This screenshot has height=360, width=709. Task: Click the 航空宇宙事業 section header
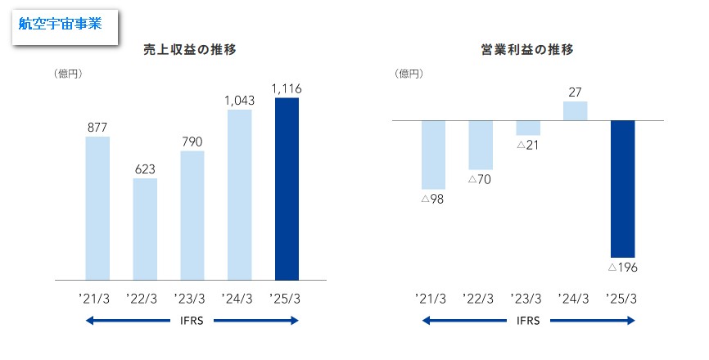tap(61, 24)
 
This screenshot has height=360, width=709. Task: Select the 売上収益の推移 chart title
tap(191, 50)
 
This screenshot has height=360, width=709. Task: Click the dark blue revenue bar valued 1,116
tap(287, 189)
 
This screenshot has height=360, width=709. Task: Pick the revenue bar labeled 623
tap(145, 230)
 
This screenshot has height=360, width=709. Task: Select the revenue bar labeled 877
tap(97, 209)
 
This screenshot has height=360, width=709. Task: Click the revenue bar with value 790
tap(192, 216)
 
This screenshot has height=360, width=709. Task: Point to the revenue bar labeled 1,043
tap(239, 195)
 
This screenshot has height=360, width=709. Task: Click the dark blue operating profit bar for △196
tap(622, 189)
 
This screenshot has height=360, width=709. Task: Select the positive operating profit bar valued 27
tap(576, 110)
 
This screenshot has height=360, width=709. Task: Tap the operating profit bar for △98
tap(433, 155)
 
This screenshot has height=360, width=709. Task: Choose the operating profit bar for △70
tap(481, 145)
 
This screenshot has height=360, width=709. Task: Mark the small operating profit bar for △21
tap(528, 128)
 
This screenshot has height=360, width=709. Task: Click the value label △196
tap(622, 267)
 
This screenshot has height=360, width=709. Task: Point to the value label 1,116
tap(287, 88)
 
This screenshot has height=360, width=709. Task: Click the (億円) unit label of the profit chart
tap(409, 74)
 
